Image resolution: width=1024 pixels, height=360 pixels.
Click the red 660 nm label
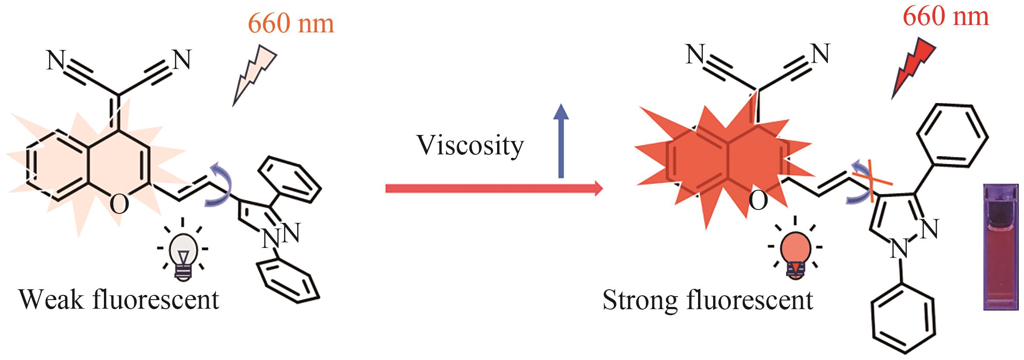pyautogui.click(x=946, y=17)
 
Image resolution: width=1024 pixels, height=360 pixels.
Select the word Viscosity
pyautogui.click(x=470, y=146)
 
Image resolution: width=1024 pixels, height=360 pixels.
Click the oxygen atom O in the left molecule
pyautogui.click(x=119, y=204)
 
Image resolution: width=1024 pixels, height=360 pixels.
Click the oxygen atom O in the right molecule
pyautogui.click(x=758, y=201)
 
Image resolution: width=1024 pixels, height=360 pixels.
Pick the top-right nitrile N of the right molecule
pyautogui.click(x=820, y=55)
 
